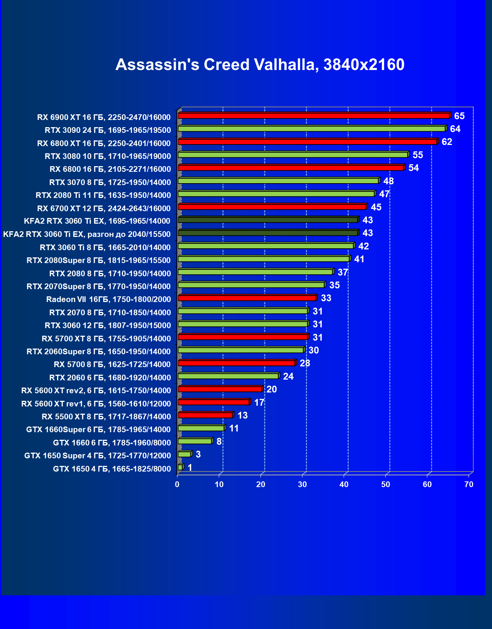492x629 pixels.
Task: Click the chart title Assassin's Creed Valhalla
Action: coord(260,65)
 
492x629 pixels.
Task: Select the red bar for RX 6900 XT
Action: coord(314,116)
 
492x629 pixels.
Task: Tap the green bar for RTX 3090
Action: coord(311,129)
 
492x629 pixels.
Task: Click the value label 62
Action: coord(447,142)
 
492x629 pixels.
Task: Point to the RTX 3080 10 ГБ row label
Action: coord(108,156)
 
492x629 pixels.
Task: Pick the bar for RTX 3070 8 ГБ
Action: coord(278,181)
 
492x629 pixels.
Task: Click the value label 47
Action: coord(384,194)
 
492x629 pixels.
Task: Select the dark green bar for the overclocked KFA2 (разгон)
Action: coord(268,233)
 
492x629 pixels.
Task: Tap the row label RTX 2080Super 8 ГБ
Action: coord(98,260)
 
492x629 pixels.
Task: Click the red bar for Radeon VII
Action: coord(247,298)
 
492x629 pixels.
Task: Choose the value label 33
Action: coord(326,298)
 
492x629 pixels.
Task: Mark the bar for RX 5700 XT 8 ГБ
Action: coord(243,337)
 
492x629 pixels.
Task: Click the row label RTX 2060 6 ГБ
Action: coord(110,378)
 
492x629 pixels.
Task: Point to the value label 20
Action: coord(271,389)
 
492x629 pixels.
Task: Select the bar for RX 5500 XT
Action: coord(205,415)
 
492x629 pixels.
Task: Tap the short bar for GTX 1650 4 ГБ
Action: coord(180,468)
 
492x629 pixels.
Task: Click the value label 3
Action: coord(198,455)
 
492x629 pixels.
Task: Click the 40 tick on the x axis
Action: coord(344,484)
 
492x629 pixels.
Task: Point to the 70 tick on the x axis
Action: coord(469,484)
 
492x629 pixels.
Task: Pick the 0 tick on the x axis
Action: coord(177,484)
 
